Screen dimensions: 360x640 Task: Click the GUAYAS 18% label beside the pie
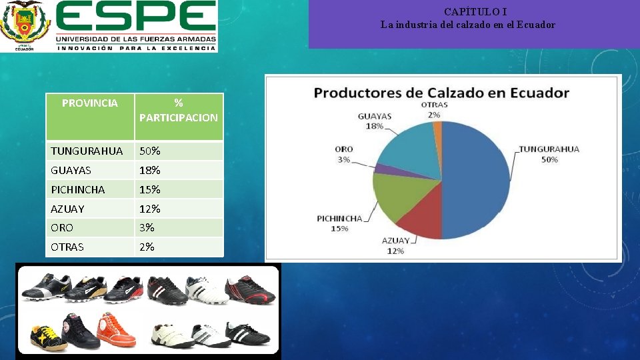[374, 121]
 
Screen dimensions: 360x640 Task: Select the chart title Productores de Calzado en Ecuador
[441, 93]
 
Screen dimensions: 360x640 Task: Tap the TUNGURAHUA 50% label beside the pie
[549, 154]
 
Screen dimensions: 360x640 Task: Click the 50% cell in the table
[149, 151]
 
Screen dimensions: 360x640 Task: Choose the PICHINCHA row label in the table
[78, 190]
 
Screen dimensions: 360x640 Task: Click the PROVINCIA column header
[90, 103]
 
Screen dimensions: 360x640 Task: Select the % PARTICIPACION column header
[179, 111]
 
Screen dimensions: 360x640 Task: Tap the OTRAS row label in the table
[67, 247]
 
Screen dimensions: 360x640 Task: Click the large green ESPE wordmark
[136, 18]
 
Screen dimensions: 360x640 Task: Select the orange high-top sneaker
[117, 331]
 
